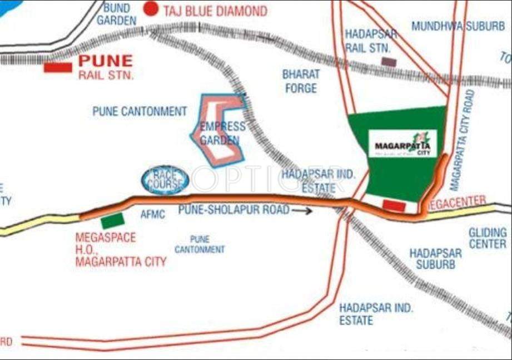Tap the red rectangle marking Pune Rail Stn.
point(58,68)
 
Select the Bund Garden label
point(116,14)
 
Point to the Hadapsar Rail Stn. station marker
point(389,62)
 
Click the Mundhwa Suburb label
point(458,26)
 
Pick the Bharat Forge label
point(301,81)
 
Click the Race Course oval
point(165,180)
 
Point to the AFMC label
point(153,214)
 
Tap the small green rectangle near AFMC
point(112,221)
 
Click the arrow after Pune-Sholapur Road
point(302,210)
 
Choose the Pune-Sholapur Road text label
point(233,210)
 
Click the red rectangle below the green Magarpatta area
point(394,206)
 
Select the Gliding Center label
point(488,238)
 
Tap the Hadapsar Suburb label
point(435,259)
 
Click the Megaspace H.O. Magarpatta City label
point(121,249)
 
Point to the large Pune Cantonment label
point(140,111)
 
